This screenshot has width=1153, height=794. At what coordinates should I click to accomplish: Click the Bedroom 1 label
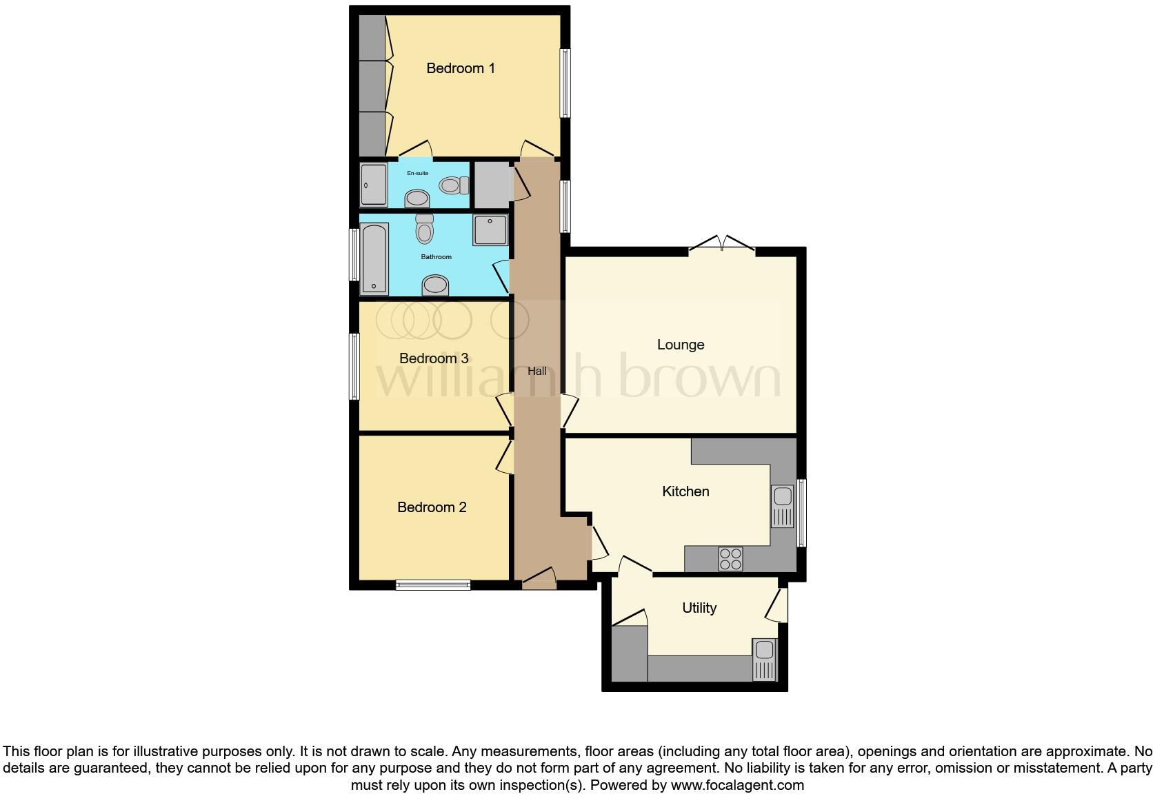tap(461, 68)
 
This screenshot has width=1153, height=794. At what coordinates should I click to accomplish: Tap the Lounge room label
tap(681, 345)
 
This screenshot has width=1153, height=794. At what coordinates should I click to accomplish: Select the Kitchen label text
tap(685, 491)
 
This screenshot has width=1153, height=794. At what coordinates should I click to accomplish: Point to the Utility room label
tap(699, 608)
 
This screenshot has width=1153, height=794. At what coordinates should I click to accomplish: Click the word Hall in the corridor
tap(537, 371)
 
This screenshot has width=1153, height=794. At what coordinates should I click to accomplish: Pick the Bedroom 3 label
tap(434, 358)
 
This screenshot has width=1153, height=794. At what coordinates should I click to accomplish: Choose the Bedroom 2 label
tap(432, 507)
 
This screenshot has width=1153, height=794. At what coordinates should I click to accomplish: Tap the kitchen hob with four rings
tap(730, 558)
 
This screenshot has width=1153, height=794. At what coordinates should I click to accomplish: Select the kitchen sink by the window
tap(783, 506)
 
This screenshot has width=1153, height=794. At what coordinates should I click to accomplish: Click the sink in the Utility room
tap(764, 659)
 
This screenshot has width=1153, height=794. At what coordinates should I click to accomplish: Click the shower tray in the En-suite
tap(374, 184)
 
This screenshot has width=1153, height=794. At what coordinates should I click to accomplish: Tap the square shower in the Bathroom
tap(490, 230)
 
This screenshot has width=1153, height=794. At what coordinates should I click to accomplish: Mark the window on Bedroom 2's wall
tap(433, 585)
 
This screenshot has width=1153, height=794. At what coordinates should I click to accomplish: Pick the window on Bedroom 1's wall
tap(565, 83)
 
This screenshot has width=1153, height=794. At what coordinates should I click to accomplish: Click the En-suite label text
tap(417, 173)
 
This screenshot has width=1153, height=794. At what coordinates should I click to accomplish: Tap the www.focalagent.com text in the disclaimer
tap(737, 785)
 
